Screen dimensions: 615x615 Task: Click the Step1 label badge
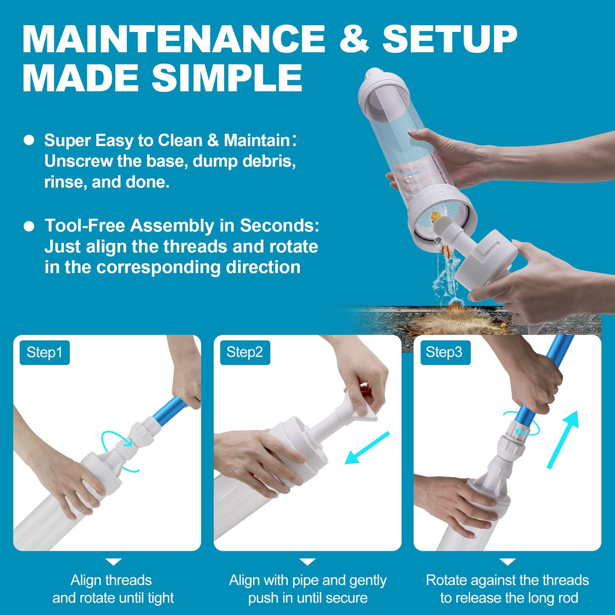pos(45,352)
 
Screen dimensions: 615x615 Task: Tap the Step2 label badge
pos(245,352)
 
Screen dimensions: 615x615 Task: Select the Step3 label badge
pos(445,352)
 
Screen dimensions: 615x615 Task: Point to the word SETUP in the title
pos(450,39)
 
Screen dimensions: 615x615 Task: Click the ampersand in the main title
pos(354,39)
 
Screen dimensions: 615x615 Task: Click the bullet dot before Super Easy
pos(29,140)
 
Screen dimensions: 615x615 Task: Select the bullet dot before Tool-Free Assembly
pos(29,226)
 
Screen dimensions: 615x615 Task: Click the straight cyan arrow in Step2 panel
pos(367,448)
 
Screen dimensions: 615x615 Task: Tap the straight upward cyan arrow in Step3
pos(563,440)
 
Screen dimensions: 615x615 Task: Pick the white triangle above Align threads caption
pos(113,562)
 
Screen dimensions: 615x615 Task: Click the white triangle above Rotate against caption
pos(507,562)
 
